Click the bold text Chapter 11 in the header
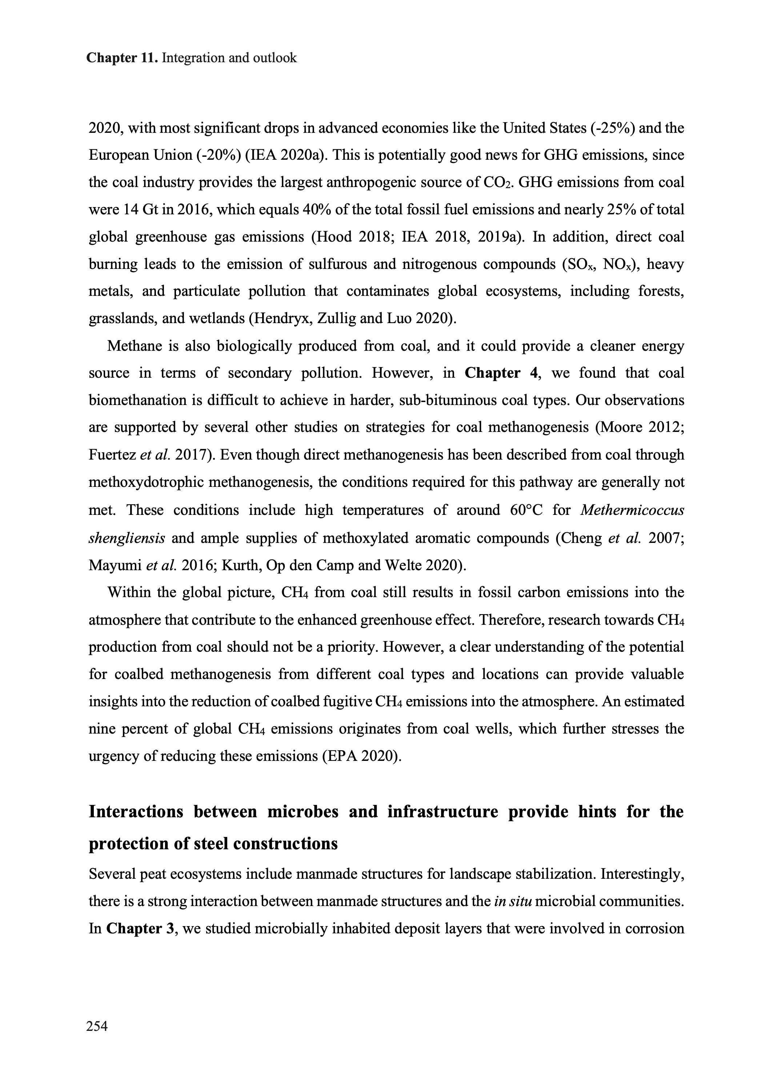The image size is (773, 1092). pos(122,58)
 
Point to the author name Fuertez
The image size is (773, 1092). pos(112,455)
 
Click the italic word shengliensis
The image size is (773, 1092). pos(127,538)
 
